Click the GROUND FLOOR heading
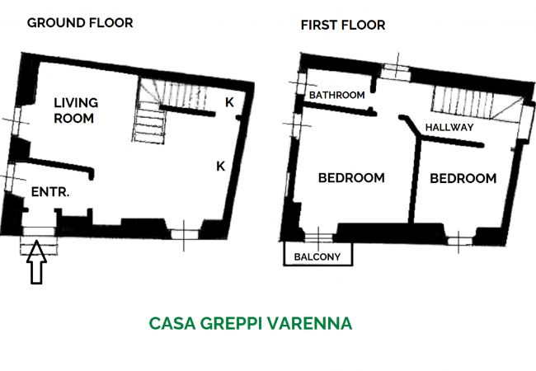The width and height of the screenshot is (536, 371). click(x=80, y=23)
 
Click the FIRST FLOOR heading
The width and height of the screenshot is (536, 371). click(x=343, y=25)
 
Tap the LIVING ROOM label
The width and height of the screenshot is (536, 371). click(x=76, y=110)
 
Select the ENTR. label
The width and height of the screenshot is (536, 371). click(x=50, y=192)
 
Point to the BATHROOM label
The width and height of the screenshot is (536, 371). click(x=336, y=95)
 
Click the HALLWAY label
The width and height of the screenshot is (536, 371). click(x=449, y=128)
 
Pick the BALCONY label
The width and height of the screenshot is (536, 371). click(x=317, y=256)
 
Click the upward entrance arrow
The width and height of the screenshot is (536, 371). click(x=36, y=262)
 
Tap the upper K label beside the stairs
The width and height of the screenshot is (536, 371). click(x=229, y=102)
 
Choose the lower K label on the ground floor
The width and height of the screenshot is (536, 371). click(x=221, y=167)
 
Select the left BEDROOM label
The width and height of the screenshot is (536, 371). click(x=351, y=178)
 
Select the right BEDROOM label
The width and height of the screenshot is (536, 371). click(x=463, y=178)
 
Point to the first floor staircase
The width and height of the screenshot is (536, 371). click(x=477, y=103)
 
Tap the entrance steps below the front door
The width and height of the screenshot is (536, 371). click(x=39, y=246)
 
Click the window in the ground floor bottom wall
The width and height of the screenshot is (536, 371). click(x=184, y=234)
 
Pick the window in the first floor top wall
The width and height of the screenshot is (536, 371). click(x=396, y=73)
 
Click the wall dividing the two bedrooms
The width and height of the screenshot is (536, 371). click(x=415, y=180)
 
